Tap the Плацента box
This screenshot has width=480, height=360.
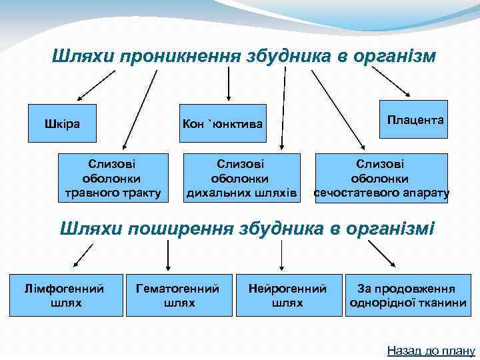pyautogui.click(x=413, y=120)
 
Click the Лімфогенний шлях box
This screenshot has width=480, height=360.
pyautogui.click(x=66, y=295)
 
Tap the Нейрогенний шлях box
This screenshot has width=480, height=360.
pyautogui.click(x=287, y=295)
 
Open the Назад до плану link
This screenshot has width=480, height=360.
pyautogui.click(x=431, y=350)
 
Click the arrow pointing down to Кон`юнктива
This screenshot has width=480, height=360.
pyautogui.click(x=229, y=83)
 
